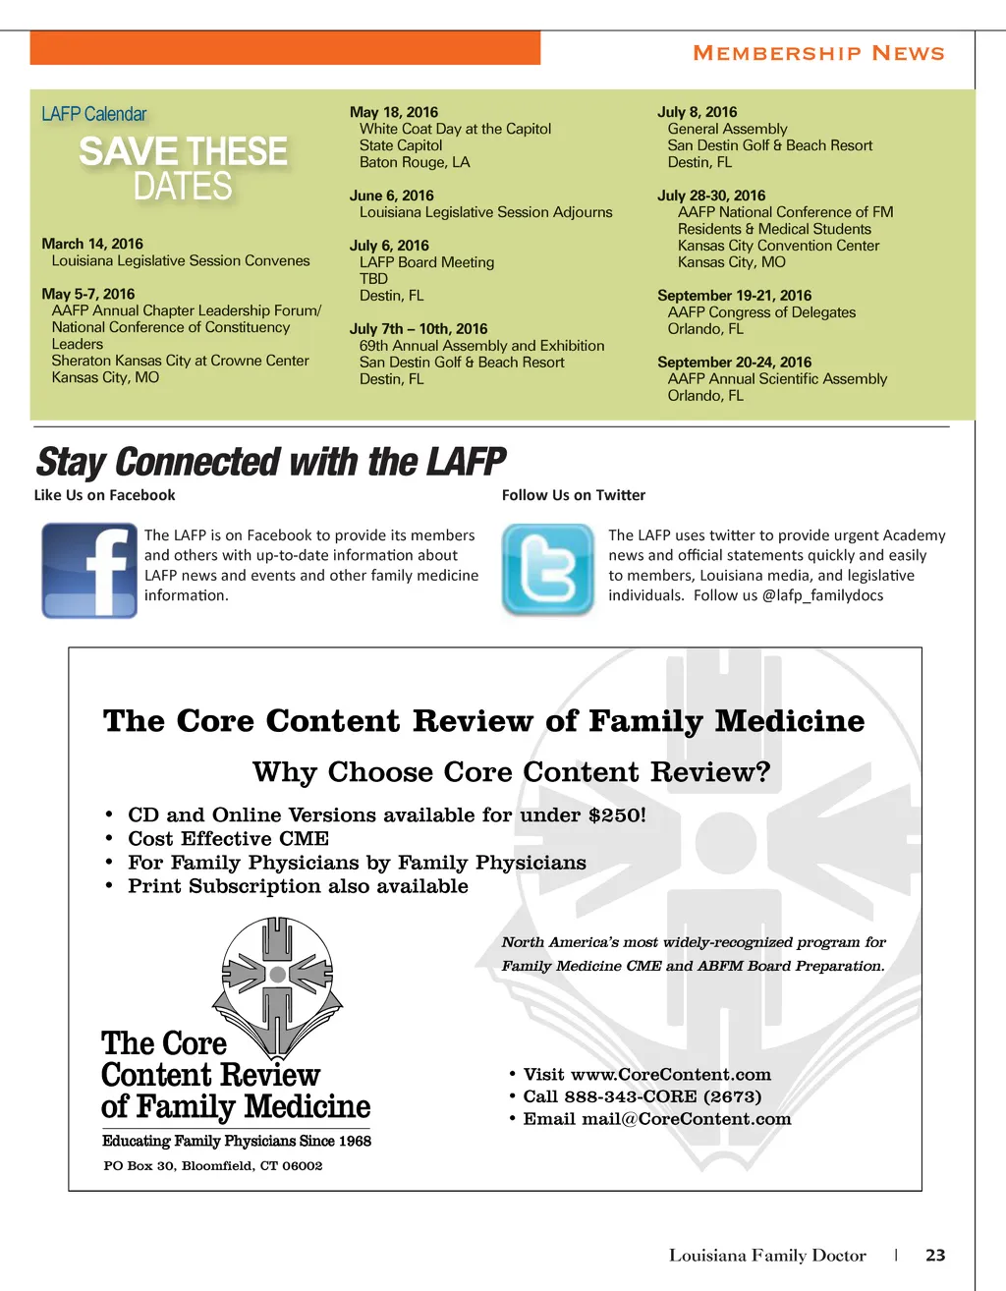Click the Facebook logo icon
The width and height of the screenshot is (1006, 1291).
(x=89, y=570)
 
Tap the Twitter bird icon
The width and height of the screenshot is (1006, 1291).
(x=548, y=570)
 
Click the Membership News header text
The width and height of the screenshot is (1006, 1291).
(x=818, y=53)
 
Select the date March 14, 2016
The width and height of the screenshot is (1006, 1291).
(x=92, y=244)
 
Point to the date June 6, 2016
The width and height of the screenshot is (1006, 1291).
(x=391, y=196)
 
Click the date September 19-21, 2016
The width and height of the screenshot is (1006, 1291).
(x=734, y=295)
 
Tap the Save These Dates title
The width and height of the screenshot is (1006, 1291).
(x=183, y=168)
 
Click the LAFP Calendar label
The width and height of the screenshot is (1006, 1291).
(x=94, y=114)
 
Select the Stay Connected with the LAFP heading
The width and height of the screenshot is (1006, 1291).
(x=270, y=461)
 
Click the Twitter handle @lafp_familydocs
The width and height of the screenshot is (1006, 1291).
(x=822, y=595)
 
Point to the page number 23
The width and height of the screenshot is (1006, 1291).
(x=935, y=1255)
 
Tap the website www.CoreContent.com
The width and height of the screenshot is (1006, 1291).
(x=670, y=1075)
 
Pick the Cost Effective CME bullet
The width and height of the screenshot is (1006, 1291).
(x=228, y=839)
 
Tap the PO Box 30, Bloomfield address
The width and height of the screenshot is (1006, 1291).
(x=213, y=1166)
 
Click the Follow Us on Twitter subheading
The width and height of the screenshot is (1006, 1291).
(x=574, y=495)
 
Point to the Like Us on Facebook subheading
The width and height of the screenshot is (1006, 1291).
(x=104, y=495)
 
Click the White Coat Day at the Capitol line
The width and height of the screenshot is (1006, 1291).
(x=455, y=129)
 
